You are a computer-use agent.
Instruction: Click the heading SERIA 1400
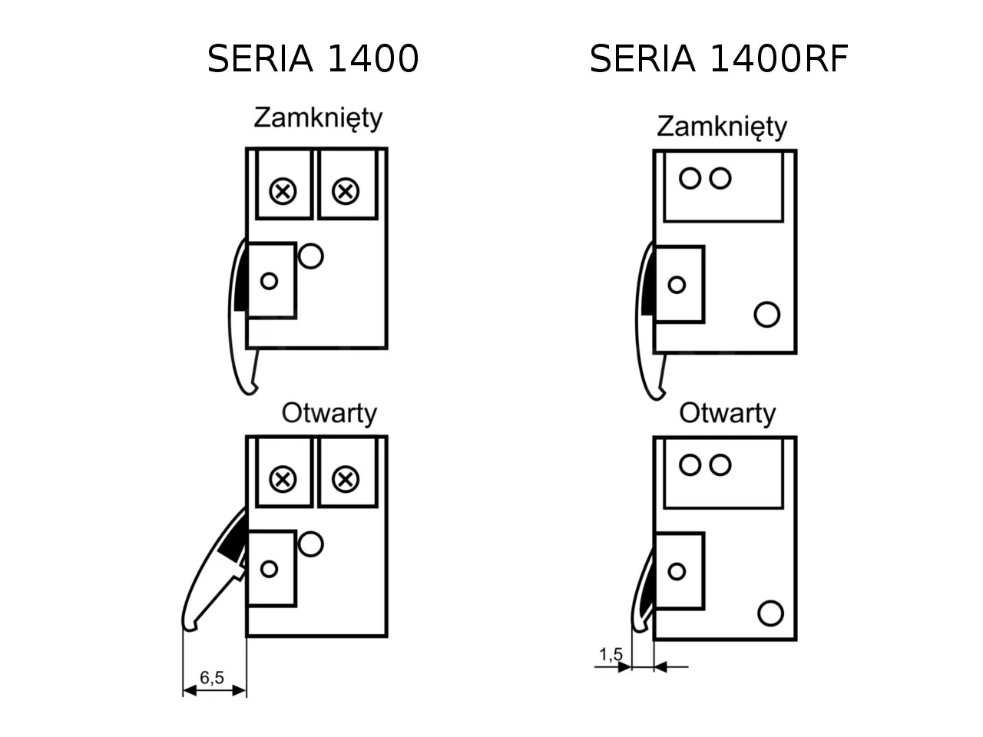click(313, 59)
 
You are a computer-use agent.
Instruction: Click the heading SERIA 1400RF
click(718, 59)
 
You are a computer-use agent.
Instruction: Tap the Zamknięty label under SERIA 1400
click(318, 118)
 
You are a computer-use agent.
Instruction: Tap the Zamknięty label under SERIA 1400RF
click(721, 127)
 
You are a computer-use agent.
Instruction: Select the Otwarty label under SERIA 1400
click(329, 414)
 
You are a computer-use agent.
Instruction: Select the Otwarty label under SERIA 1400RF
click(727, 414)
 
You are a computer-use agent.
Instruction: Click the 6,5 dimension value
click(212, 677)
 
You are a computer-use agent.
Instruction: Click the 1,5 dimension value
click(611, 655)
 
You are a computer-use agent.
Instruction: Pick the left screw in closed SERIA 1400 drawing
click(283, 191)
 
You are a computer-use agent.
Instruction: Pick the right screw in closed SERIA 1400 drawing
click(346, 191)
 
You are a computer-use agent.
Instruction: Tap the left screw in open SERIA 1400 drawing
click(283, 480)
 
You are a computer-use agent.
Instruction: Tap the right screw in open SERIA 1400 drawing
click(346, 480)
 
